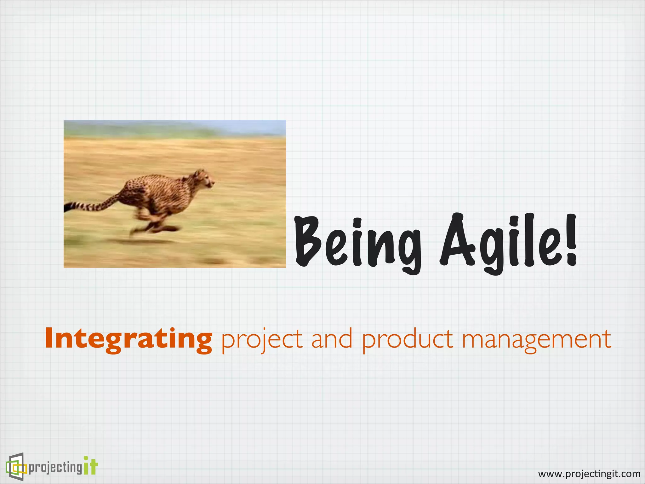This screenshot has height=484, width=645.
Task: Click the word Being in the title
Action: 357,243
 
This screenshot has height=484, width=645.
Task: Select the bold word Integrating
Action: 128,339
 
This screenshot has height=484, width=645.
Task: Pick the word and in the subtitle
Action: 331,339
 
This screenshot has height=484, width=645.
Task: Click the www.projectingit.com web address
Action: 589,474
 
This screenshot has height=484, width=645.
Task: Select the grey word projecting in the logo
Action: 55,467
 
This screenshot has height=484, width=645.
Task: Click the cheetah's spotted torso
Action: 157,192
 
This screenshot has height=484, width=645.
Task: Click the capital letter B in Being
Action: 307,241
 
